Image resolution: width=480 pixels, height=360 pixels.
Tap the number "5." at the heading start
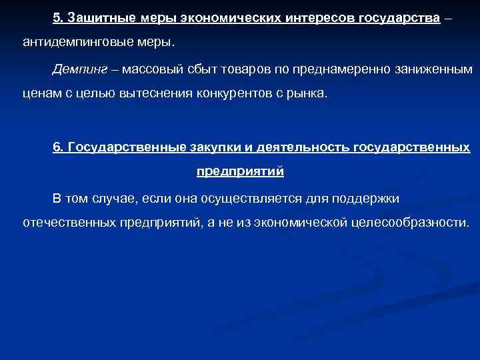(x=59, y=18)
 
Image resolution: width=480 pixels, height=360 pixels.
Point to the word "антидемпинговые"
(x=71, y=43)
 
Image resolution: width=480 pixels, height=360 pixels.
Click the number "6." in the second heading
(x=59, y=147)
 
